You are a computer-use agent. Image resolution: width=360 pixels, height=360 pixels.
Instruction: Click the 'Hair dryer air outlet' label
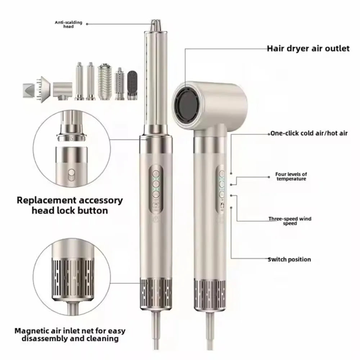point(308,49)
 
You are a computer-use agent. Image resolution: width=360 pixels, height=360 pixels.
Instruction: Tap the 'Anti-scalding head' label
point(68,24)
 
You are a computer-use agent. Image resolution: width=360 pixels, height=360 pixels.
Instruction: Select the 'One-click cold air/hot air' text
point(309,134)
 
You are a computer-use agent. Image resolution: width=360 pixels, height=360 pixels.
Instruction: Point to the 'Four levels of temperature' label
point(291,176)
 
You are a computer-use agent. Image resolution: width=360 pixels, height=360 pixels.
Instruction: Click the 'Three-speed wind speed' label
point(290,221)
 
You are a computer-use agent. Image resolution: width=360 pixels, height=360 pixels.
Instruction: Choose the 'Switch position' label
point(289,260)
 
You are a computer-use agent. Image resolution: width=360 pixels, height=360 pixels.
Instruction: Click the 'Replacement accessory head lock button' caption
point(70,205)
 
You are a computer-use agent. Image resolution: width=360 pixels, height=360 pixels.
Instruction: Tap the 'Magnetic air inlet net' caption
point(70,334)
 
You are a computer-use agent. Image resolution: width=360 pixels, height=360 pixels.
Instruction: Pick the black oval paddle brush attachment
point(132,85)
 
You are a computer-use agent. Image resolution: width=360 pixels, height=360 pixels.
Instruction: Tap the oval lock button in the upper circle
point(71,175)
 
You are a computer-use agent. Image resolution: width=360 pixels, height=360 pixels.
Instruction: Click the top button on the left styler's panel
point(156,174)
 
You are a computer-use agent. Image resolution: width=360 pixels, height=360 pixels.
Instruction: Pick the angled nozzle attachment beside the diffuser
point(63,91)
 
